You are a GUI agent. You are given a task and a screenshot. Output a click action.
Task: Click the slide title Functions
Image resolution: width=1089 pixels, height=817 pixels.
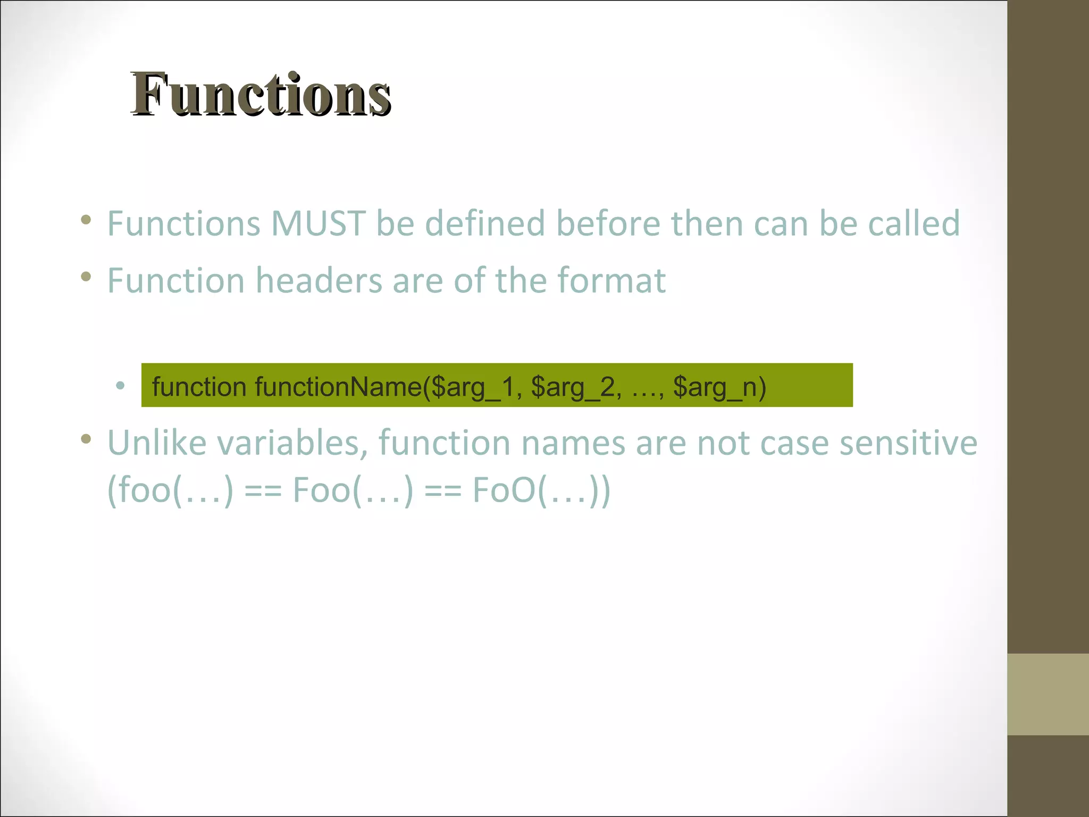point(261,95)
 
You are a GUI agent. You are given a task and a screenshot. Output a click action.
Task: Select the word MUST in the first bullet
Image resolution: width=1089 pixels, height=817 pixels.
point(318,223)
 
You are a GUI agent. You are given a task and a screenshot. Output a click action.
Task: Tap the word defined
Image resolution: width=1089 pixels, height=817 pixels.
point(484,223)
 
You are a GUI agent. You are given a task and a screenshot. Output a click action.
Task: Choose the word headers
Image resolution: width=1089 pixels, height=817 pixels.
point(319,280)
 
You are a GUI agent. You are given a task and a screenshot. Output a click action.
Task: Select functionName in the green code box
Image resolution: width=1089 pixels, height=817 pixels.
point(338,387)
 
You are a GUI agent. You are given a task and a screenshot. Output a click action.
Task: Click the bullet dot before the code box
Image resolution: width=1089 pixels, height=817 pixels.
point(121,385)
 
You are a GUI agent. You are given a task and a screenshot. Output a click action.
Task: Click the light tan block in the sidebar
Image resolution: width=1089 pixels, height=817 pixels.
point(1048,694)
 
